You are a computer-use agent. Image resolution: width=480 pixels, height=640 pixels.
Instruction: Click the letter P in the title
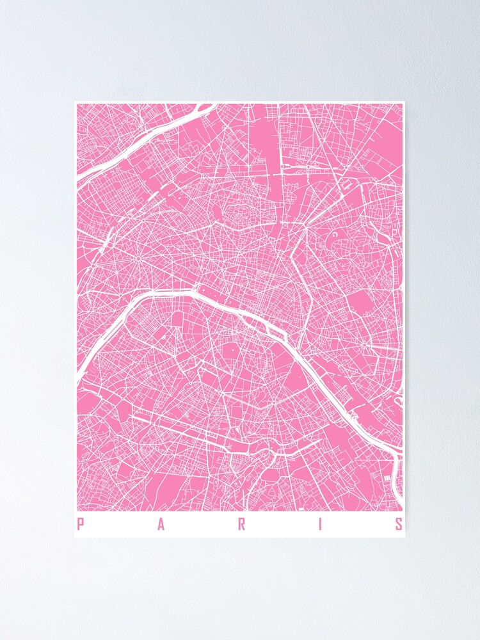[x=81, y=525]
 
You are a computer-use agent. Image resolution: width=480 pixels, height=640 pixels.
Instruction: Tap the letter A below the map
[x=161, y=525]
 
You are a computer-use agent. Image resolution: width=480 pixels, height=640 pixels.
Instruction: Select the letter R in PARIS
[x=242, y=525]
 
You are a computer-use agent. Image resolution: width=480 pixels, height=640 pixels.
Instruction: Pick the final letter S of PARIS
[x=399, y=525]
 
